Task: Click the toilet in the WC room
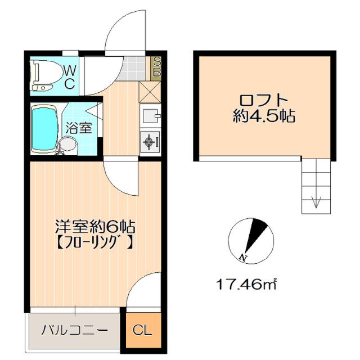point(42,76)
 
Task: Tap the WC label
point(69,77)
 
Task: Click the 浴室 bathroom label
point(78,127)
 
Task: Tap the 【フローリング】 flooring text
point(94,244)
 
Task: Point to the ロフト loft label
point(264,101)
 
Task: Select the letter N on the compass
point(243,257)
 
